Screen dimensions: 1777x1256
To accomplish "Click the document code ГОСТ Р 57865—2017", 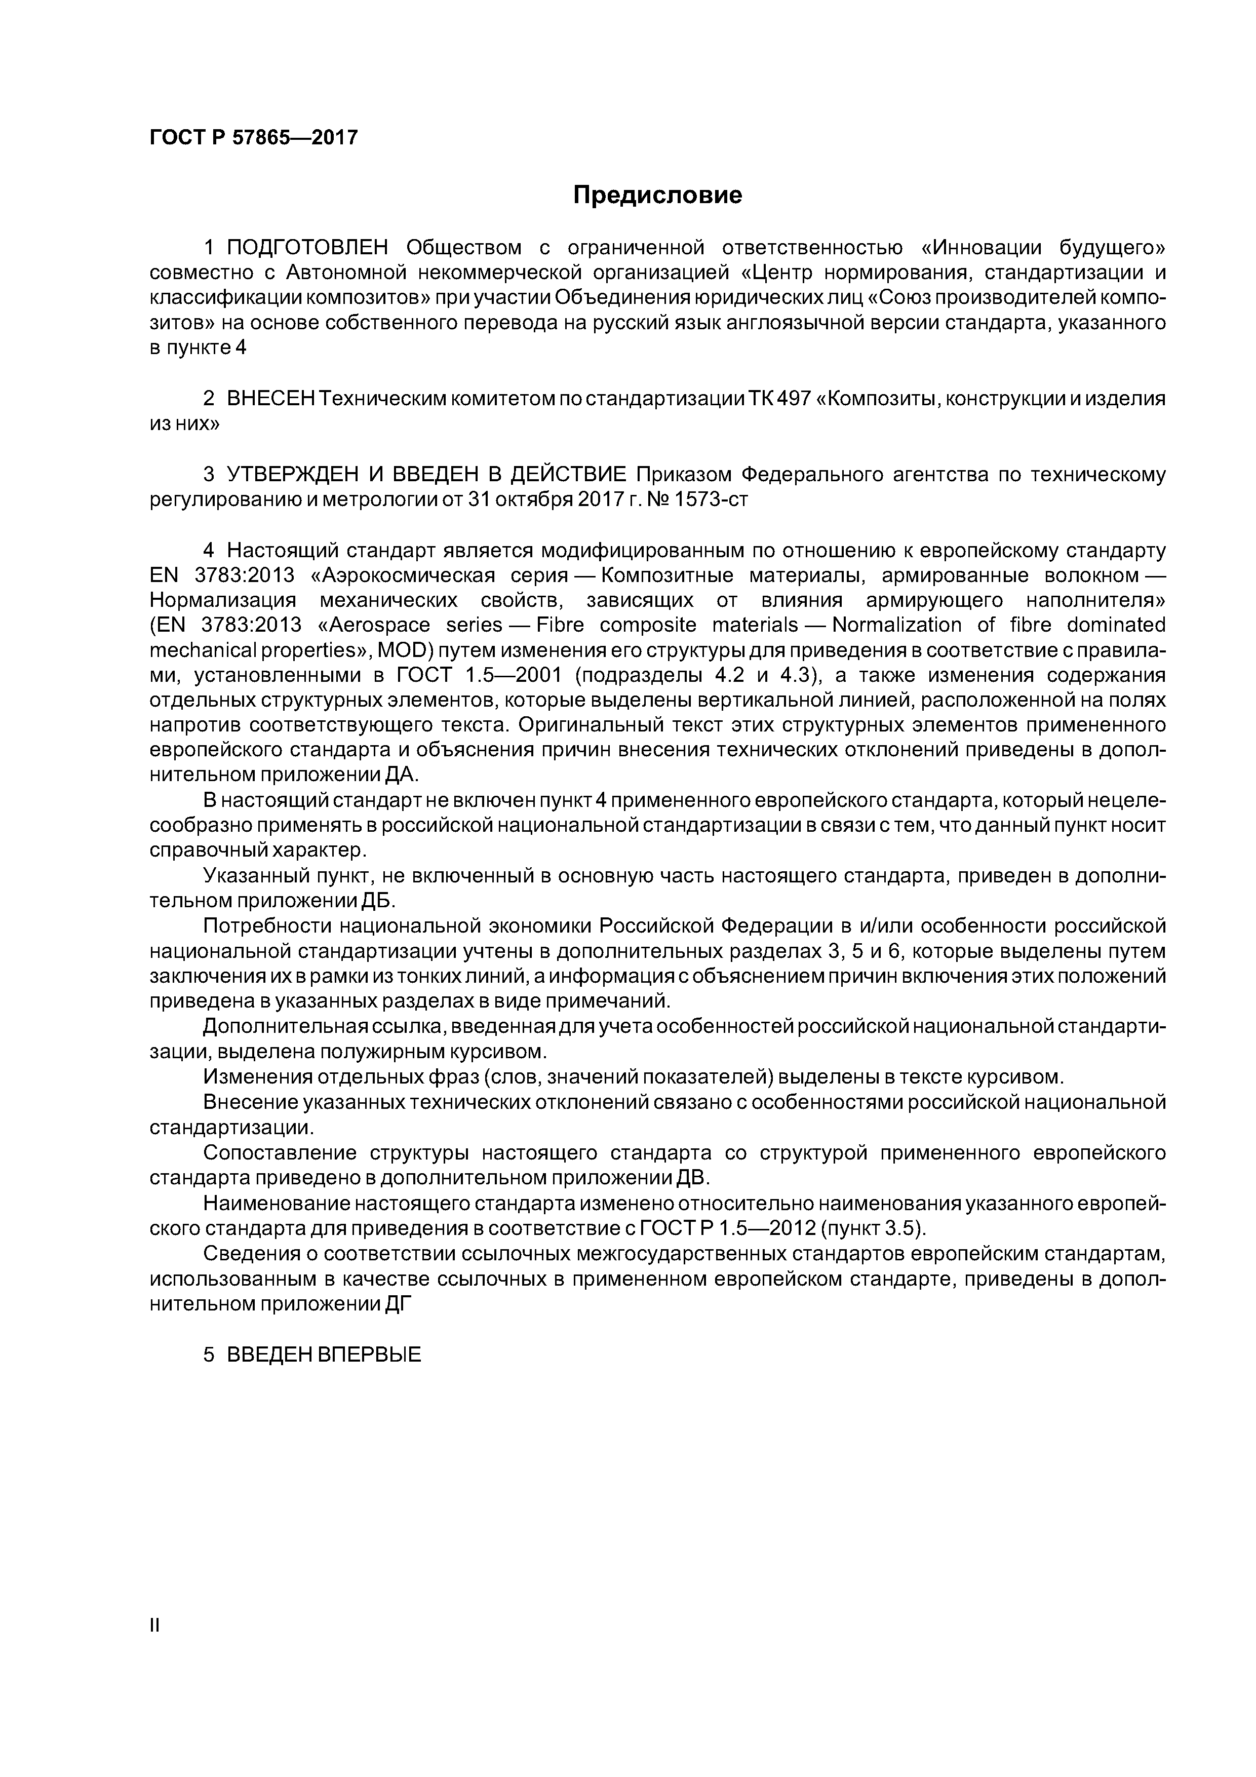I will (253, 138).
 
